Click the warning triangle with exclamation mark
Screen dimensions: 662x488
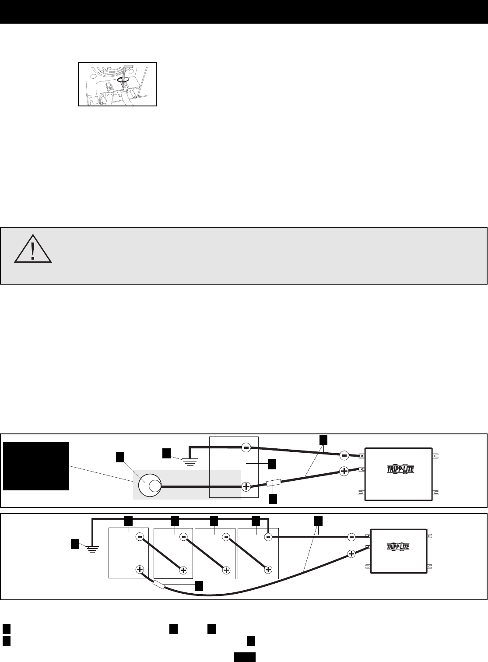(33, 249)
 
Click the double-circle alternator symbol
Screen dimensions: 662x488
(148, 486)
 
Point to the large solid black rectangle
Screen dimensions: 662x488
(36, 466)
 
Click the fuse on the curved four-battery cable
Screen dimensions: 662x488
(158, 584)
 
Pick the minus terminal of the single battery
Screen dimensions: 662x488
(246, 447)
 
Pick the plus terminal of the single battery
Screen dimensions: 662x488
(246, 486)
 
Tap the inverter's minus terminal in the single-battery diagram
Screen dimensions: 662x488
(344, 456)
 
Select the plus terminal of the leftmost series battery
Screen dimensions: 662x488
(140, 570)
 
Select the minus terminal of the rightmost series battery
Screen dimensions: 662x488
(269, 536)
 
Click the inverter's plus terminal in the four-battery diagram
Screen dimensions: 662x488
(351, 554)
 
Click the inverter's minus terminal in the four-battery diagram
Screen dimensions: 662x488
(351, 537)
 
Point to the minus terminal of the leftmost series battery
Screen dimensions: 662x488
(140, 536)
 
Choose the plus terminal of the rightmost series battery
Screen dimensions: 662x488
(269, 570)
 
